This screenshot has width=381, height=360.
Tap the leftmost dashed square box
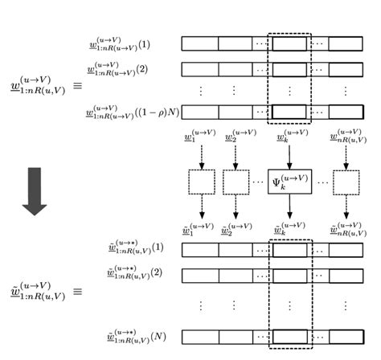pyautogui.click(x=201, y=182)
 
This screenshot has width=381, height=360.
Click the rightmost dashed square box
pyautogui.click(x=346, y=182)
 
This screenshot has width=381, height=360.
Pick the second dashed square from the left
pyautogui.click(x=236, y=182)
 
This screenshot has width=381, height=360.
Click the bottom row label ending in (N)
pyautogui.click(x=129, y=337)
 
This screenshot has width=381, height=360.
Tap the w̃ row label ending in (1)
pyautogui.click(x=129, y=248)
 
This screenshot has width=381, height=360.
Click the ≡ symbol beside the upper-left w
pyautogui.click(x=78, y=83)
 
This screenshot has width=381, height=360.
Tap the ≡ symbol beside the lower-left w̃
pyautogui.click(x=78, y=291)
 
